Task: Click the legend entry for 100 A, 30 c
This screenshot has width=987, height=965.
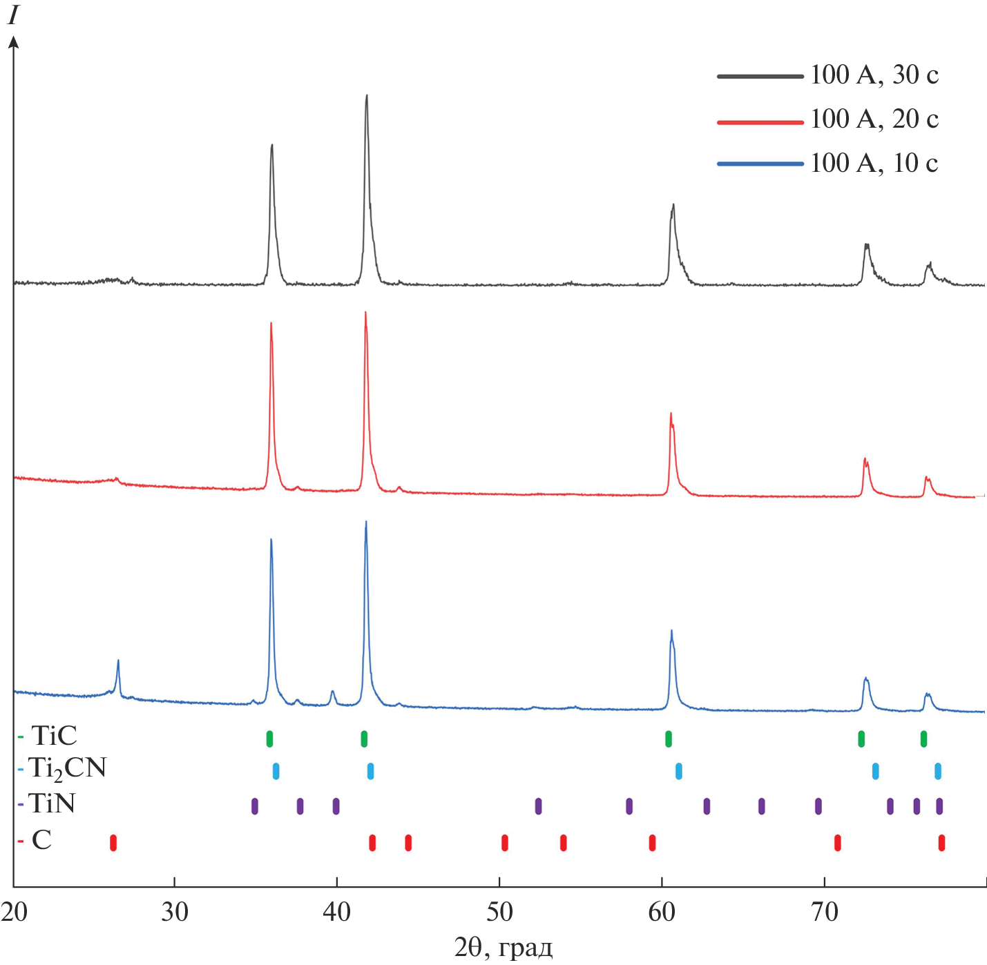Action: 874,75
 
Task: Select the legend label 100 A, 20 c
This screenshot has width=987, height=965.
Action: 874,119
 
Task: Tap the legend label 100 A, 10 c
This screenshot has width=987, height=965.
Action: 874,164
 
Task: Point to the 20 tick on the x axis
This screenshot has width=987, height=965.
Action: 14,912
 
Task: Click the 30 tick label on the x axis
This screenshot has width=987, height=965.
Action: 175,912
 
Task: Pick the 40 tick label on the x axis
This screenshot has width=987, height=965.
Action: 337,912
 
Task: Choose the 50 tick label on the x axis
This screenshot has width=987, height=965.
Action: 499,912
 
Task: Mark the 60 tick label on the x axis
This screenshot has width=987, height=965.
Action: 662,912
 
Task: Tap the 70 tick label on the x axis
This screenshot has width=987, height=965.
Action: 824,912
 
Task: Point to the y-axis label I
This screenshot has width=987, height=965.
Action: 12,16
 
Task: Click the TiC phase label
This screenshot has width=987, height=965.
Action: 54,737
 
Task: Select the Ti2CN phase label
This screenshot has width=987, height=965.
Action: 67,769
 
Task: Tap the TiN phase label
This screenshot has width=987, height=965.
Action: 52,804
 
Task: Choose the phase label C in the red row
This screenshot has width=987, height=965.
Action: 41,841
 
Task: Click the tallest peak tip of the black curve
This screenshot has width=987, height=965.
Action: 367,96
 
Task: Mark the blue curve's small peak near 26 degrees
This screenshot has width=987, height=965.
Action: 118,661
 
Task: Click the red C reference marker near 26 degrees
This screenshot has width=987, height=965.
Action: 113,843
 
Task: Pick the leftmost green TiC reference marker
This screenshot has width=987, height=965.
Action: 269,739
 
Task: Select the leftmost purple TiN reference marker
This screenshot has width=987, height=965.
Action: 255,806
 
